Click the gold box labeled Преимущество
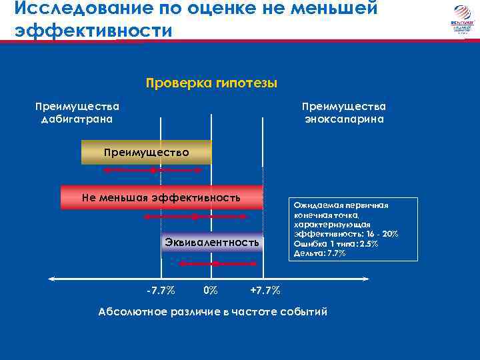pyautogui.click(x=146, y=153)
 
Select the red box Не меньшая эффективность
pyautogui.click(x=161, y=197)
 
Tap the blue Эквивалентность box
pyautogui.click(x=212, y=243)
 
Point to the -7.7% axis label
pyautogui.click(x=161, y=291)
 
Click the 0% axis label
pyautogui.click(x=210, y=291)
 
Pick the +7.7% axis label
pyautogui.click(x=265, y=291)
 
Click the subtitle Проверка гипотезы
pyautogui.click(x=211, y=83)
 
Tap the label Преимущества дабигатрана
pyautogui.click(x=77, y=113)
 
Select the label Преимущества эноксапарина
pyautogui.click(x=344, y=113)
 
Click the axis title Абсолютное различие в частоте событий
pyautogui.click(x=213, y=311)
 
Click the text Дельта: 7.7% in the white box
pyautogui.click(x=320, y=253)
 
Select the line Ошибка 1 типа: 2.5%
pyautogui.click(x=336, y=244)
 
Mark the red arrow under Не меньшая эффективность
pyautogui.click(x=194, y=217)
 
